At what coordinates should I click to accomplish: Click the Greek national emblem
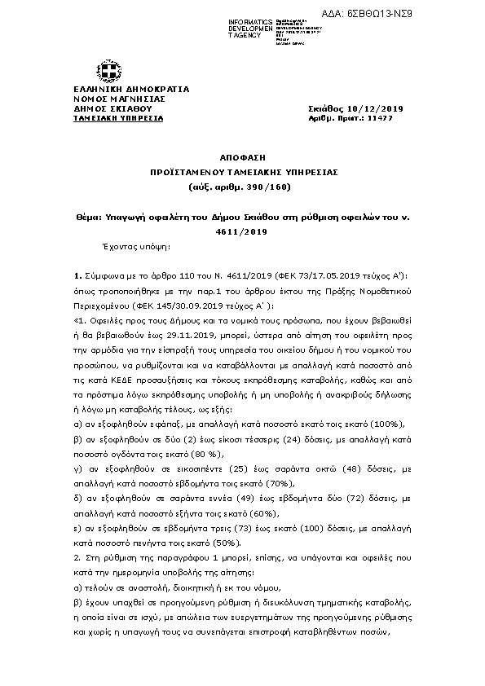coord(107,69)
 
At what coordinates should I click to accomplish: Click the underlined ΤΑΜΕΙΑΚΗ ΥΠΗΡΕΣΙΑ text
coord(118,118)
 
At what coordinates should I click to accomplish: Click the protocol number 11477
coord(380,118)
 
